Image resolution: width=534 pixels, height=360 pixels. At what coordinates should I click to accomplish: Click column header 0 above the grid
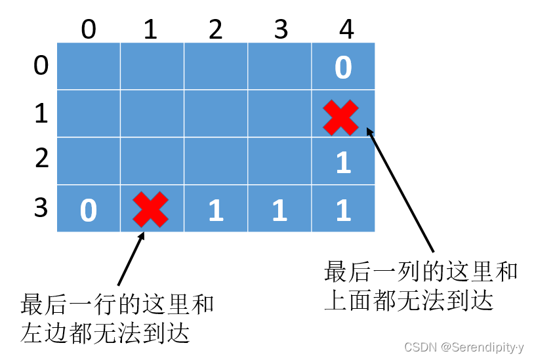point(89,30)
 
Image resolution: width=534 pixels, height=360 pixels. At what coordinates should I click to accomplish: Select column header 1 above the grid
point(151,30)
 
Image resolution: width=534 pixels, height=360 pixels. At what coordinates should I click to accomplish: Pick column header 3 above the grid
point(281,30)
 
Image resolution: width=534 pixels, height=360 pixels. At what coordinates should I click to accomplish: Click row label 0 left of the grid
point(41,66)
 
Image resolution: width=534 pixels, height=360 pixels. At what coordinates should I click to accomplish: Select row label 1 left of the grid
point(41,113)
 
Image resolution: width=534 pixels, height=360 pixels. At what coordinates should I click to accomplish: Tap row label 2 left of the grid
point(41,159)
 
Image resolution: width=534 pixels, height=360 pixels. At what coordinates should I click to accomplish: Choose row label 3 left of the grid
point(41,207)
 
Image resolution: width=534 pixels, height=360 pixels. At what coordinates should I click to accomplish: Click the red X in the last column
point(341,117)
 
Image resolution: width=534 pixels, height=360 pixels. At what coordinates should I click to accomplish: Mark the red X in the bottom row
point(150,209)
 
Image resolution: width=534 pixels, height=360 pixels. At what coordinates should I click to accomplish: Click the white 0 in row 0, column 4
point(343,68)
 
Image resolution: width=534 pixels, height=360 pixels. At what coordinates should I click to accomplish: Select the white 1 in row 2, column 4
point(343,163)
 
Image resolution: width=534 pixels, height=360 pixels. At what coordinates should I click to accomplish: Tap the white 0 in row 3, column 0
point(89,210)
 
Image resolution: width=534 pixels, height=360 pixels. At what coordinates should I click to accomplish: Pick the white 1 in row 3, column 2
point(216,210)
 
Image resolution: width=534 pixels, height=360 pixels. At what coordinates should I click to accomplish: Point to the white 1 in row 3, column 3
point(280,210)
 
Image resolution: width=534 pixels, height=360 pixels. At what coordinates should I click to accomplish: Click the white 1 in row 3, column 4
point(343,210)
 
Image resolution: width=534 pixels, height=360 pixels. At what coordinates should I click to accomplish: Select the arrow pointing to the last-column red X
point(400,190)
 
